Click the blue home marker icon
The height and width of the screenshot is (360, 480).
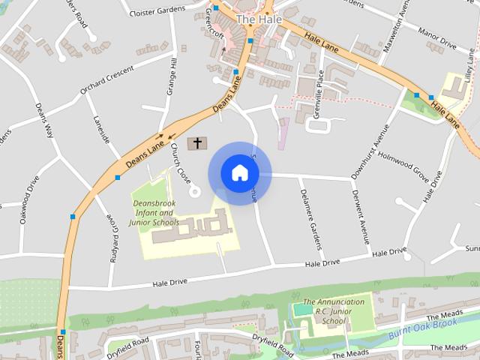point(239,173)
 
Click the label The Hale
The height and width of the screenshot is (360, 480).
point(255,19)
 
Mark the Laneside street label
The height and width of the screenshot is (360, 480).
point(102,129)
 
